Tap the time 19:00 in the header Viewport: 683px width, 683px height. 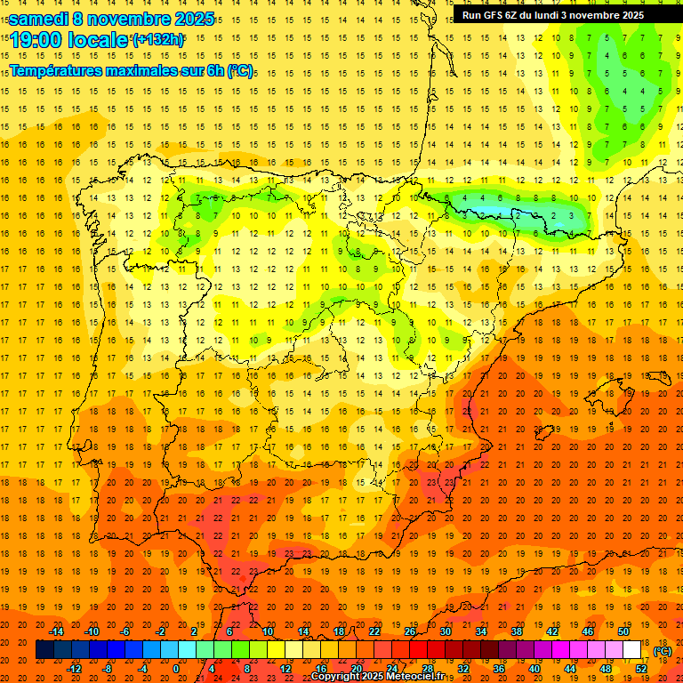(x=36, y=40)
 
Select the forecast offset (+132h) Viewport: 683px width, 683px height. (x=157, y=40)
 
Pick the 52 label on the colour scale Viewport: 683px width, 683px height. (x=641, y=669)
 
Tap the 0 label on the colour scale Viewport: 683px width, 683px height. (x=176, y=669)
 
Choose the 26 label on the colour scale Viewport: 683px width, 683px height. (x=410, y=631)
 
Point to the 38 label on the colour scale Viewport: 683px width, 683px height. (x=517, y=631)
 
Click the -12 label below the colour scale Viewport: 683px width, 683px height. (x=74, y=669)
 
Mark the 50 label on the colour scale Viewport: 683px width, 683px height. (x=623, y=631)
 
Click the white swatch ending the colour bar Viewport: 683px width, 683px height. (x=632, y=650)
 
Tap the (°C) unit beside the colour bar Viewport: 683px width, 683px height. (x=663, y=651)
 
